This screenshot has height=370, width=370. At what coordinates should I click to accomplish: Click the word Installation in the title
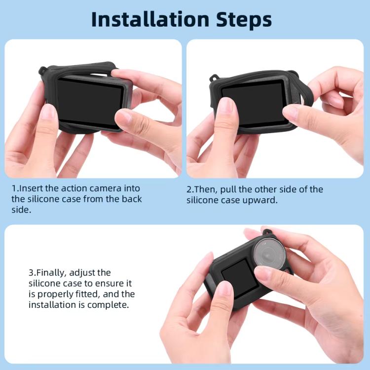tap(143, 19)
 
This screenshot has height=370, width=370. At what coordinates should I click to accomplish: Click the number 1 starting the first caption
tap(14, 188)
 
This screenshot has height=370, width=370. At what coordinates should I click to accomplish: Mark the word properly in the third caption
tap(55, 295)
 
